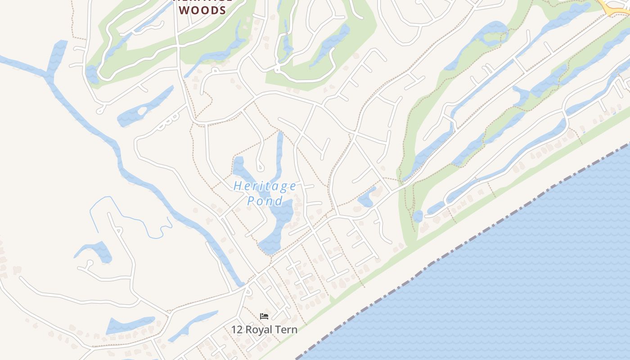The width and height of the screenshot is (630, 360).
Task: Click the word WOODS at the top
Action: [202, 10]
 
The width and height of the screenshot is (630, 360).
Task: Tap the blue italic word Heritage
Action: [265, 186]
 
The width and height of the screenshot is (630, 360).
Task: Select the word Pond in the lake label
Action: [265, 201]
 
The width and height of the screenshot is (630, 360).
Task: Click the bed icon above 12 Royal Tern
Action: [264, 316]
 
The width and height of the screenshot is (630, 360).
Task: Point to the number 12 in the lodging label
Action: [237, 329]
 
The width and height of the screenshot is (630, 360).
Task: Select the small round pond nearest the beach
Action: [418, 216]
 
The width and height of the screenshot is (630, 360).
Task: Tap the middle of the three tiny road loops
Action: [166, 121]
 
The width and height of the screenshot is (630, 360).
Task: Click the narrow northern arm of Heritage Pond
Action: [279, 153]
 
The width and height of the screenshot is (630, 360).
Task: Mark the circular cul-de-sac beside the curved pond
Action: [90, 262]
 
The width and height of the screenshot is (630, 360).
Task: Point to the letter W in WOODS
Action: [184, 10]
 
